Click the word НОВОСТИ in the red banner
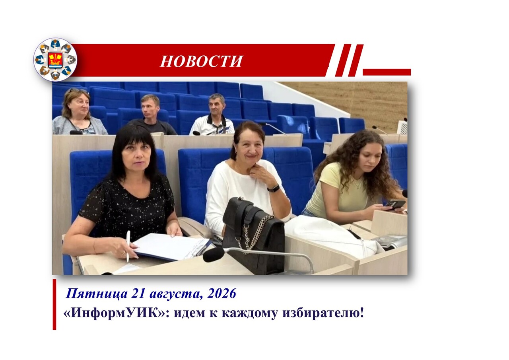click(x=202, y=61)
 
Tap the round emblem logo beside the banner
click(x=55, y=60)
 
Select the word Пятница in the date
click(x=97, y=294)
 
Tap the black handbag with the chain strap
click(x=254, y=235)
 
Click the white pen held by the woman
click(x=128, y=246)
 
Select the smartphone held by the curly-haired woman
click(x=395, y=204)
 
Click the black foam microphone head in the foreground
click(x=214, y=254)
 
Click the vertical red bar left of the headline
click(x=54, y=305)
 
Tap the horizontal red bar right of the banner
click(x=387, y=72)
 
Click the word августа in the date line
click(x=176, y=294)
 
